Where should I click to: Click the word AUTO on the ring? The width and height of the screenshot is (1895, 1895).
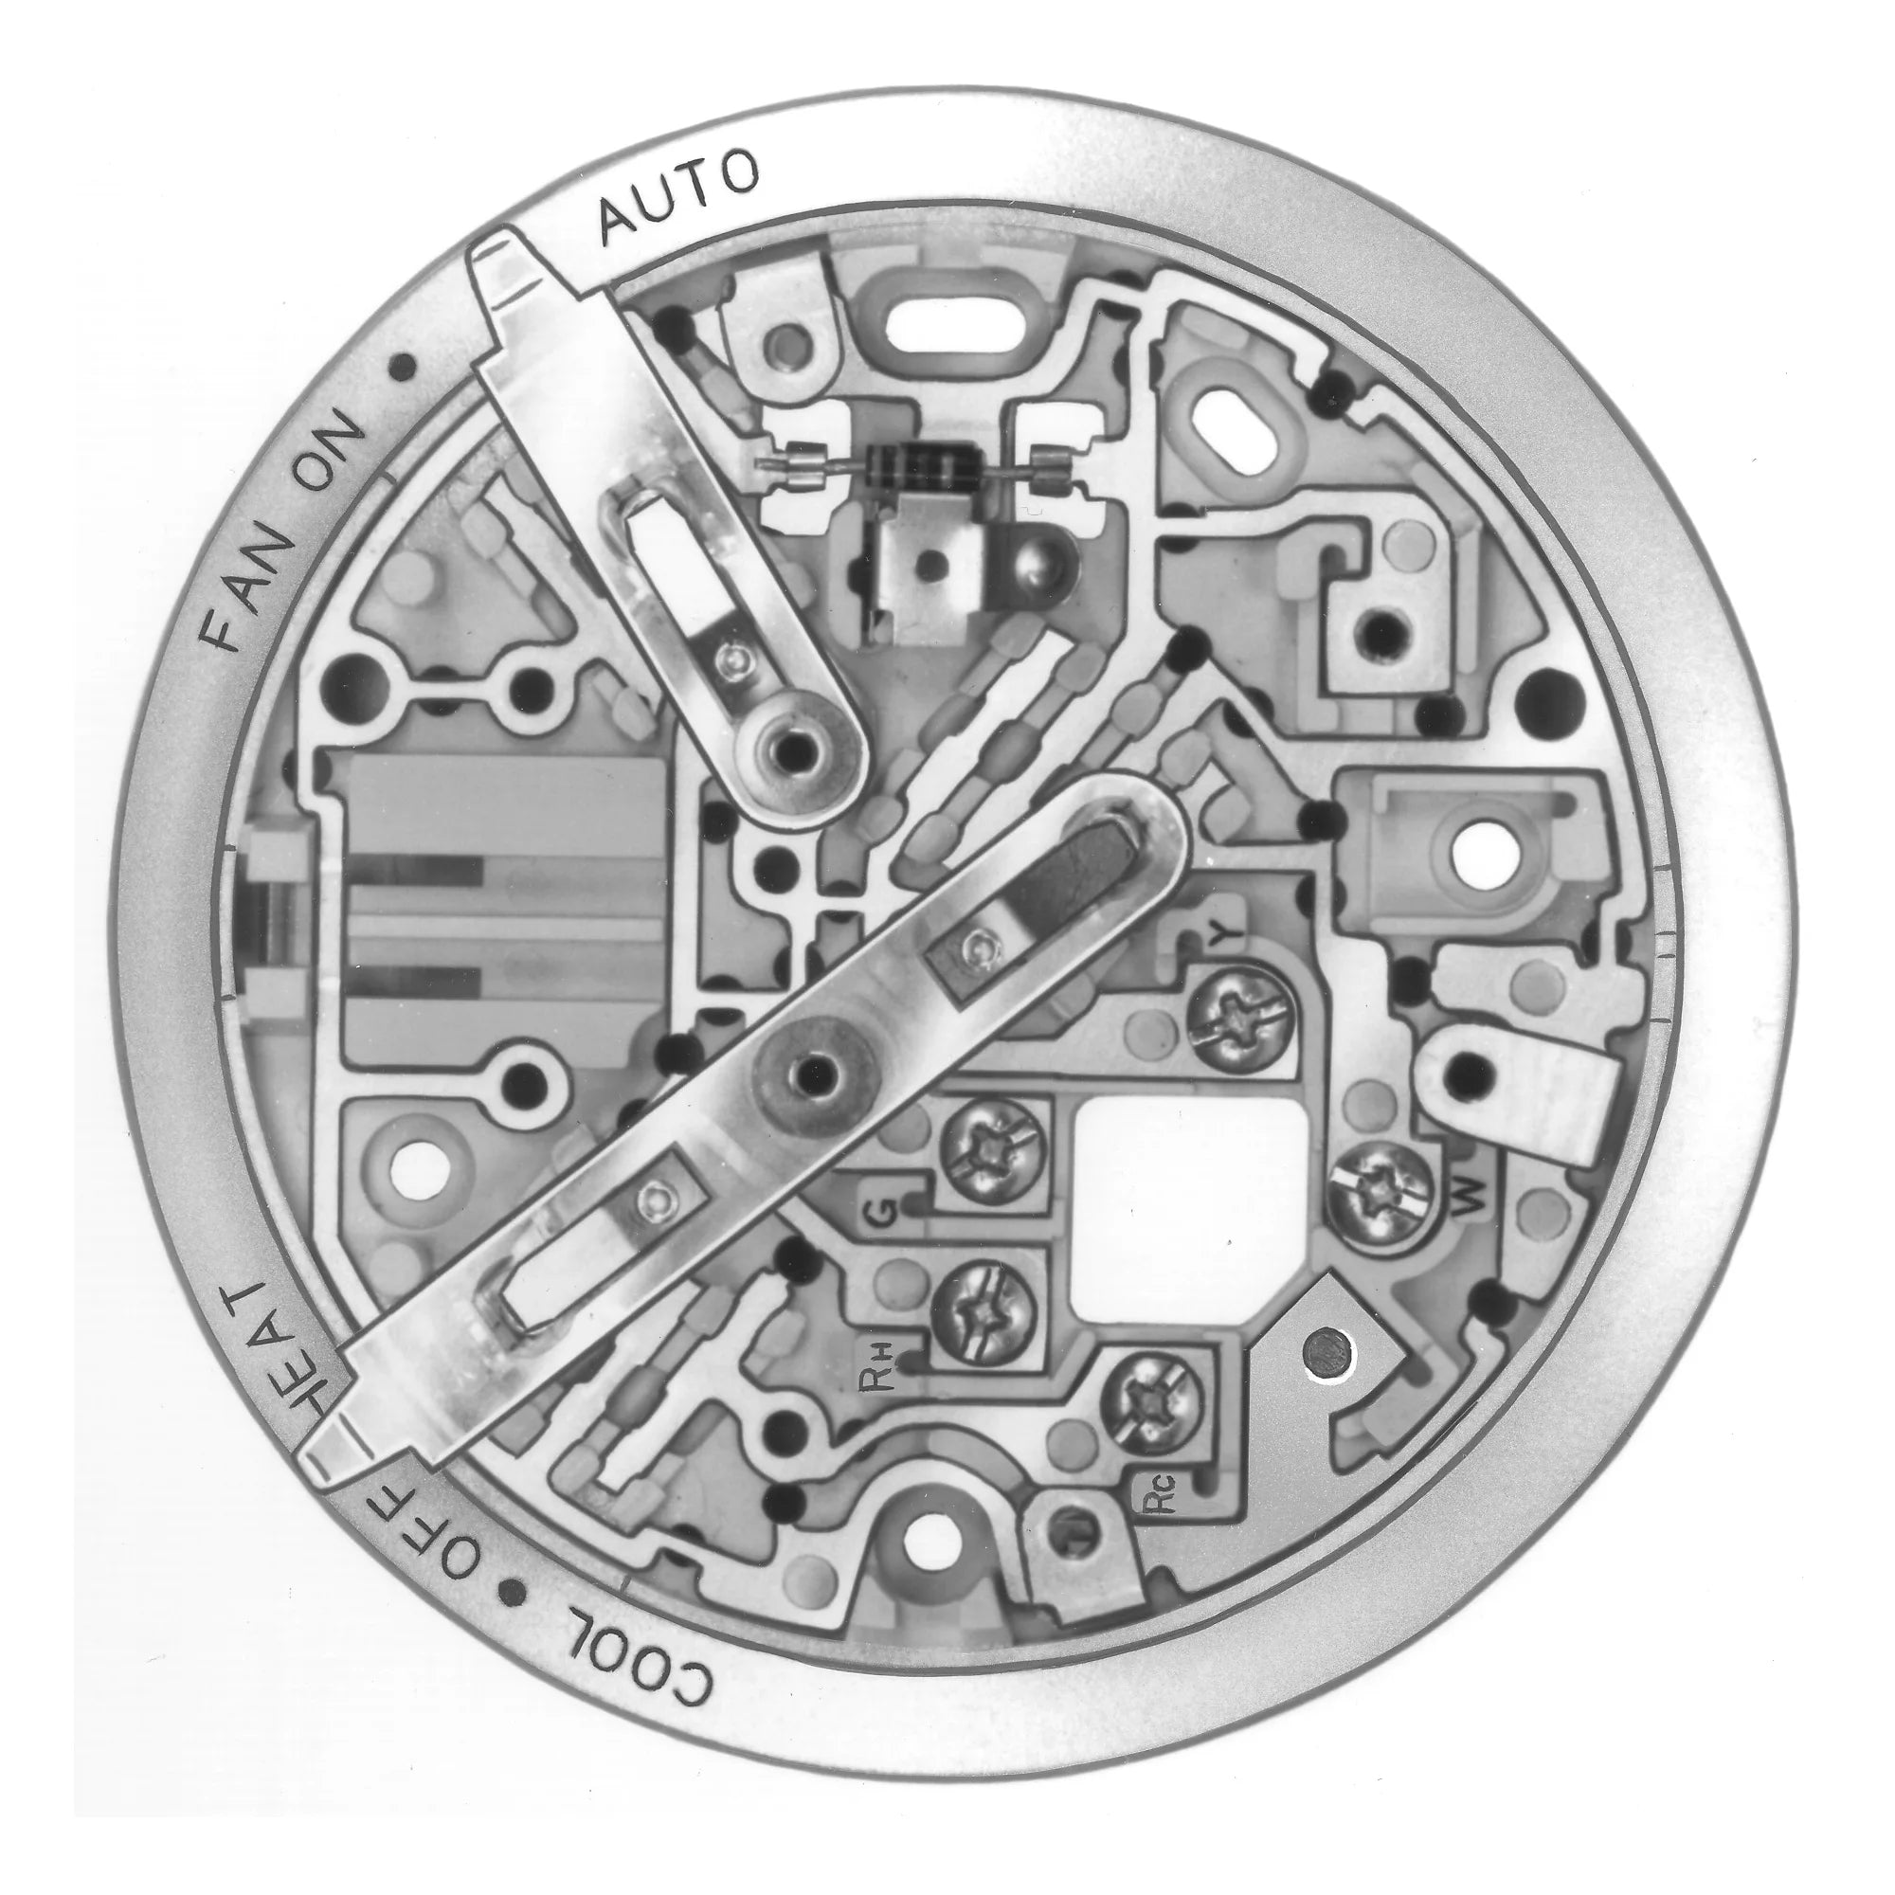[x=677, y=199]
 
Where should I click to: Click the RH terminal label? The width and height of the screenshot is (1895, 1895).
[x=876, y=1365]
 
